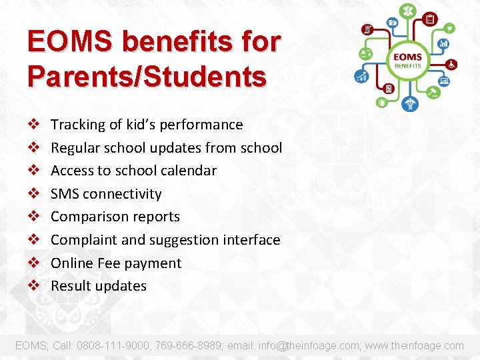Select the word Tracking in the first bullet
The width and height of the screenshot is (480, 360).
77,125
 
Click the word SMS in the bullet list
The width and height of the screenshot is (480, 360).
65,194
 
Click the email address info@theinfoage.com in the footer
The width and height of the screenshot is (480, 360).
301,345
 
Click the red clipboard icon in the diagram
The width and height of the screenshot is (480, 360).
431,19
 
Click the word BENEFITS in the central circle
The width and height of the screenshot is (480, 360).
407,65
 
